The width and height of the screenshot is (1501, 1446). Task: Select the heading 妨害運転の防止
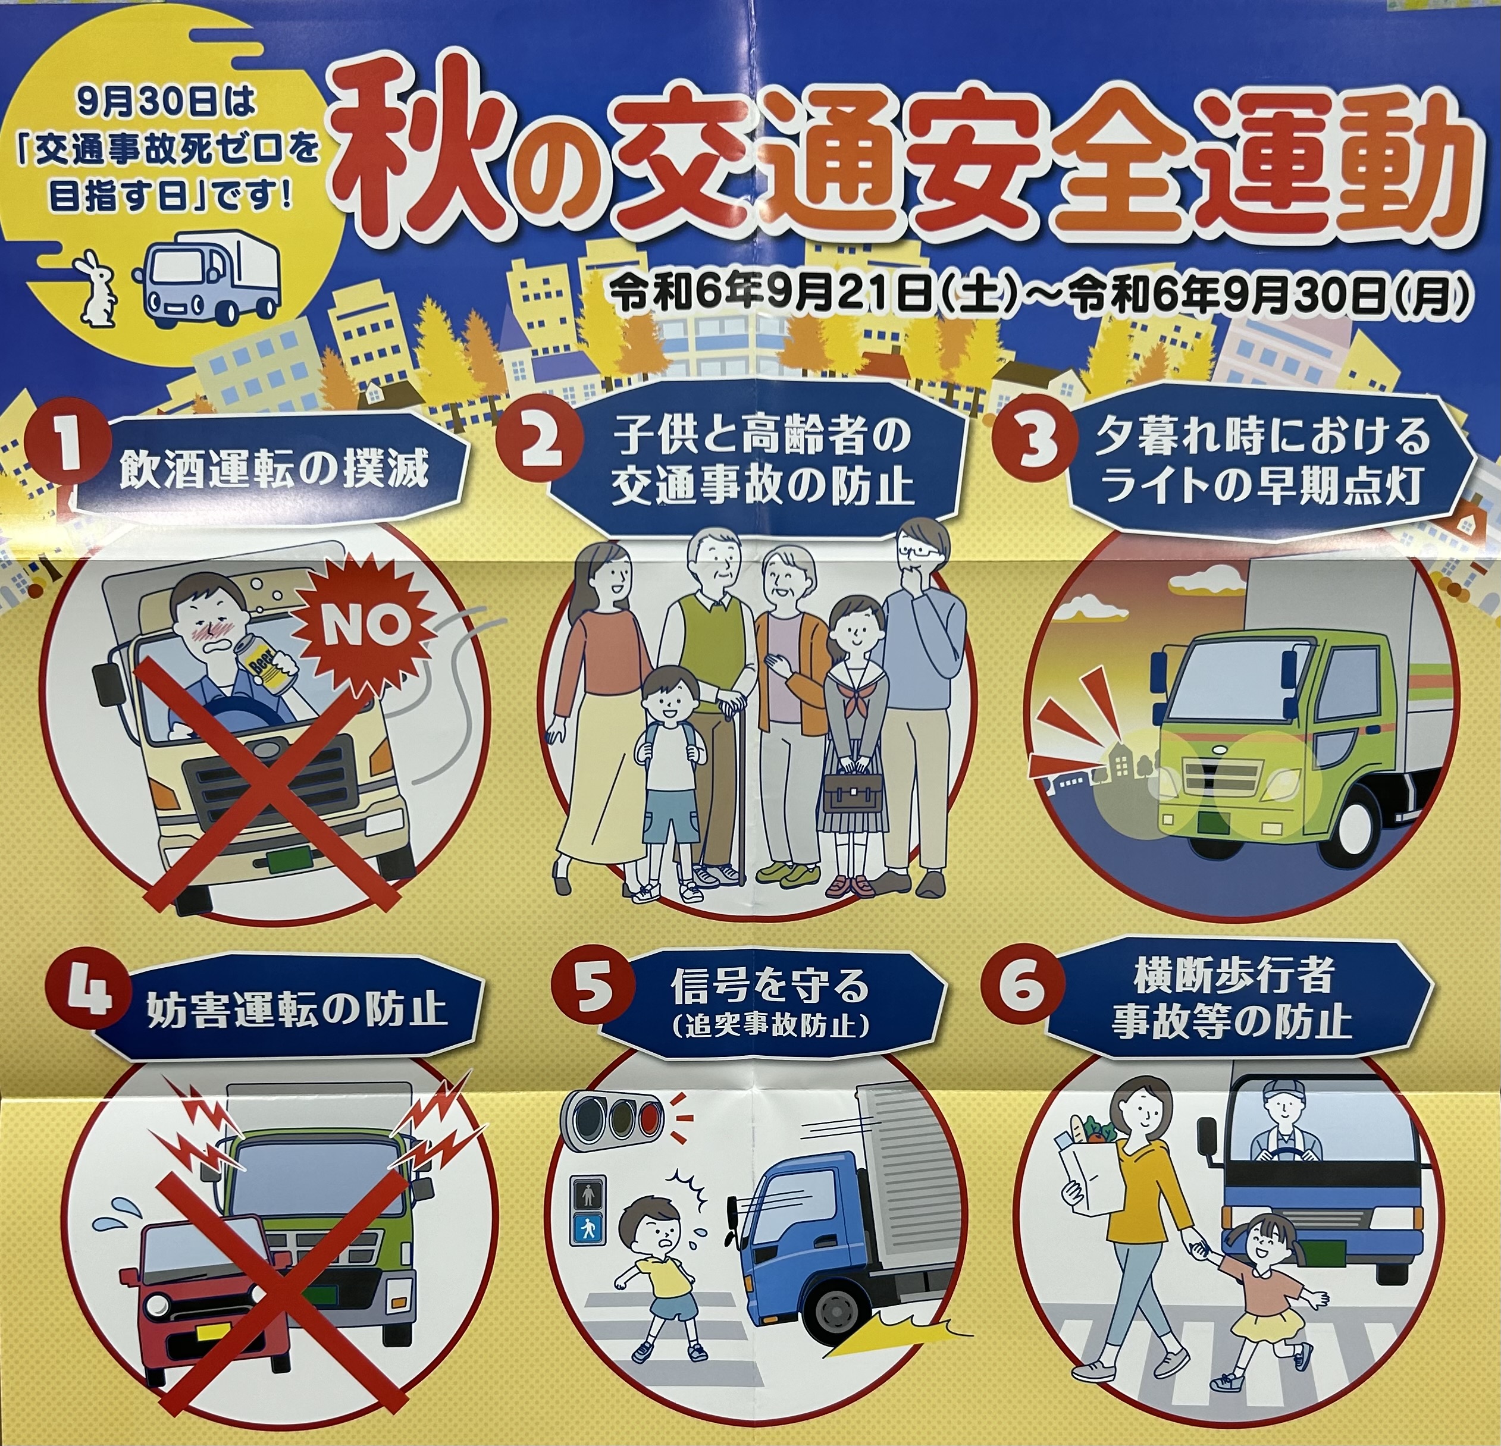pos(295,1009)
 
